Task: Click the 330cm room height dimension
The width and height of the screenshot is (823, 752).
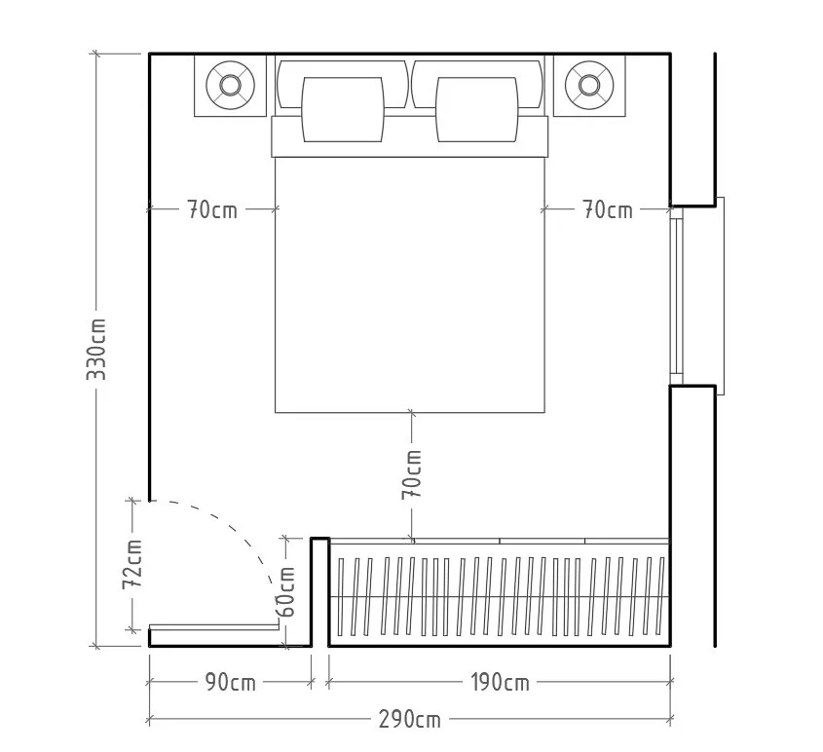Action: [96, 349]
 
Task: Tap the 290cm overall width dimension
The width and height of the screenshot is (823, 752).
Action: [410, 720]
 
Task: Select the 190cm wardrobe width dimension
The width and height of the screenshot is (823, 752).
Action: [500, 683]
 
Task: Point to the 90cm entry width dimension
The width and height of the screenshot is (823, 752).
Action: [231, 683]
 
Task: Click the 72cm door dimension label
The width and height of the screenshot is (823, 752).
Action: [132, 564]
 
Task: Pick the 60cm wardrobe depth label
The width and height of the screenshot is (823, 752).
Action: [286, 591]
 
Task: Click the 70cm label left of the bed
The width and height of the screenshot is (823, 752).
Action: [212, 209]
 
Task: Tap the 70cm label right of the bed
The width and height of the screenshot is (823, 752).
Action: [608, 209]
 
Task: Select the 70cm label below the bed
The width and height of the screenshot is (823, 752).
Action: [412, 474]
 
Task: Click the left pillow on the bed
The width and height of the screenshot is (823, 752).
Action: [343, 109]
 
